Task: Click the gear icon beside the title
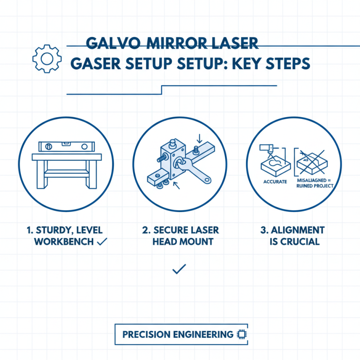[x=44, y=58]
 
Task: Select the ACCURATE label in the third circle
[x=274, y=182]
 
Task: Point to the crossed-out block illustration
[x=315, y=162]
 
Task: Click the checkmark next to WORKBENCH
[x=102, y=242]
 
